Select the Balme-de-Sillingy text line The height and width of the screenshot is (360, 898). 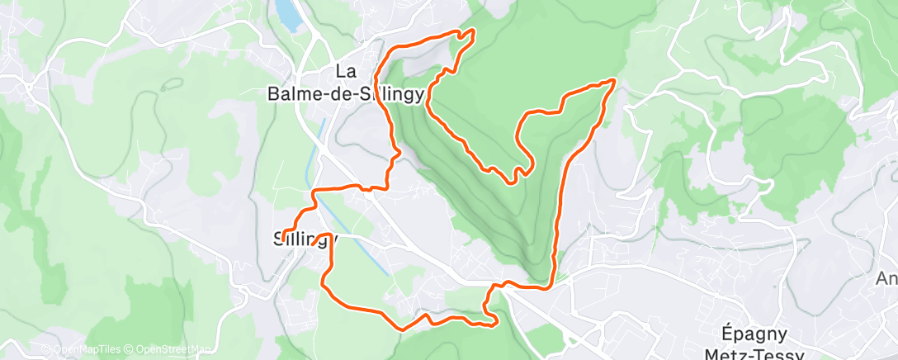click(x=347, y=94)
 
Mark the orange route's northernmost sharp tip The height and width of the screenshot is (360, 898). click(x=472, y=31)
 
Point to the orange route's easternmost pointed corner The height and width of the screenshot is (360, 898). click(x=614, y=80)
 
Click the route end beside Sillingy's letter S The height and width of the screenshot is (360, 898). click(x=284, y=234)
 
